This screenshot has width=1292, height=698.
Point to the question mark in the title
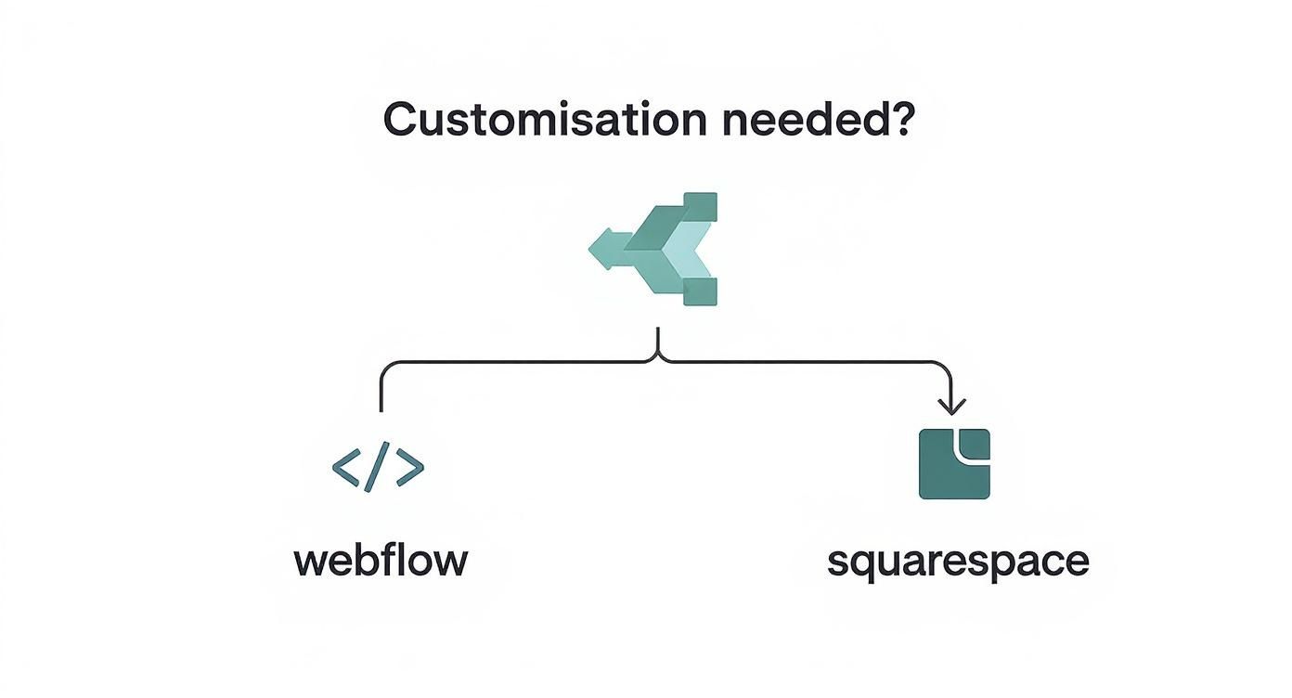pos(900,122)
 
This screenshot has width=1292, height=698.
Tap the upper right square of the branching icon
pos(700,207)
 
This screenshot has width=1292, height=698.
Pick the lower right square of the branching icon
pos(700,291)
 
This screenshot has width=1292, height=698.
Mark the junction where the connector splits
pos(658,356)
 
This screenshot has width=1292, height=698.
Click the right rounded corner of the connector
pos(943,368)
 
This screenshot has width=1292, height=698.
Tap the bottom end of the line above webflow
pos(381,409)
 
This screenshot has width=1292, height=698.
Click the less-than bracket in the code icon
pos(346,469)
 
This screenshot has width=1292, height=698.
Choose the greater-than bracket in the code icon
pos(409,469)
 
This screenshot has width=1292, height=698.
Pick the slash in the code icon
pos(377,469)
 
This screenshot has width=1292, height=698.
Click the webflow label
pos(381,562)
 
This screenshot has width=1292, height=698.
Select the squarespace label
pos(957,562)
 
